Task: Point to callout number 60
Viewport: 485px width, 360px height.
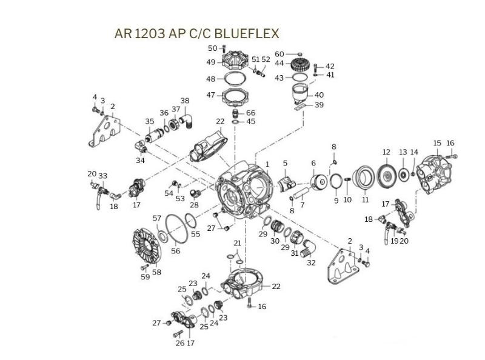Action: tap(279, 55)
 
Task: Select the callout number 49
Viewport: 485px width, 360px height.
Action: tap(211, 62)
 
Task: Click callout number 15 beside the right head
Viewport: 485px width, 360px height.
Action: tap(437, 143)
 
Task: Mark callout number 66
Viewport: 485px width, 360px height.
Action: tap(250, 113)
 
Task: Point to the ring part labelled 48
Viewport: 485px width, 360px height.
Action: tap(235, 79)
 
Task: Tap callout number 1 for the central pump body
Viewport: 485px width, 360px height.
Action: tap(267, 164)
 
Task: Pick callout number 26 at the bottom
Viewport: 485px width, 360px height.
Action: tap(179, 343)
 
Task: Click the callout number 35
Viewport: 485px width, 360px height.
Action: tap(150, 121)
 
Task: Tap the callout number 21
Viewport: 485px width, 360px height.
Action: tap(238, 243)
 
